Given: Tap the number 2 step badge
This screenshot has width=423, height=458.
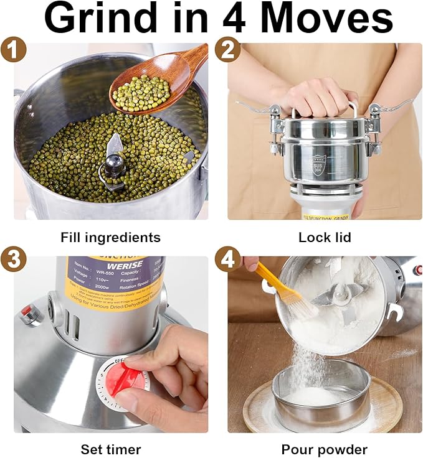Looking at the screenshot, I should pos(227,49).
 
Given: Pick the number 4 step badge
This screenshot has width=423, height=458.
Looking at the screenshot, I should pos(227,261).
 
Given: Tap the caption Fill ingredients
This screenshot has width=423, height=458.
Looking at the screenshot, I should pos(110,237).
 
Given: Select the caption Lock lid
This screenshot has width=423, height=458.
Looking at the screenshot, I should pos(325,237).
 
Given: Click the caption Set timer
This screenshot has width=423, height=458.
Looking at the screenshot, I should pos(110,449).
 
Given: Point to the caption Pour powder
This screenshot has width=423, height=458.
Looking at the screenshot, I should pos(324,449).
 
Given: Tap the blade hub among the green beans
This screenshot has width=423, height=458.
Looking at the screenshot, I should pos(114,166).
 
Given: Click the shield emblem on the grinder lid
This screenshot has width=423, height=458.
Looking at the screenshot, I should pos(318,166).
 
